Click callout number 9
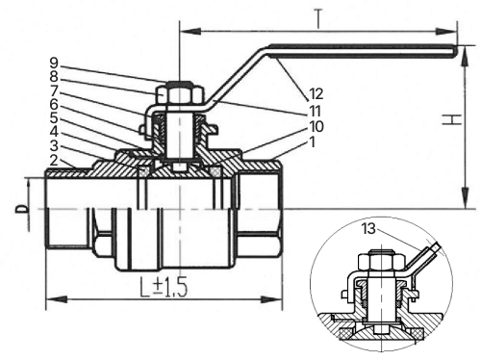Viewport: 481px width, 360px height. (54, 64)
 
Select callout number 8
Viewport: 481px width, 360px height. (54, 77)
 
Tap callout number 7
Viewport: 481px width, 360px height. (54, 90)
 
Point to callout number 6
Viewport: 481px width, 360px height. (54, 105)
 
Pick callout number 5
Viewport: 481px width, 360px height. (54, 118)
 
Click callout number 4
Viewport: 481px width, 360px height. (54, 132)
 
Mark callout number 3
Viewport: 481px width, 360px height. (54, 146)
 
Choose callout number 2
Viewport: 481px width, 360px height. (54, 160)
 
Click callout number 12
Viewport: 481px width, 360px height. (316, 94)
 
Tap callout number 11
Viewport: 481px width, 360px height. (315, 111)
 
